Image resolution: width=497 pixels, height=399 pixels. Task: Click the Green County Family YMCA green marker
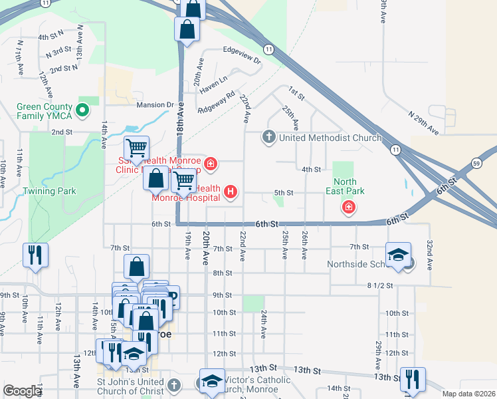point(83,110)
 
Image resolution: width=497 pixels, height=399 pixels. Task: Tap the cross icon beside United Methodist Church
point(269,138)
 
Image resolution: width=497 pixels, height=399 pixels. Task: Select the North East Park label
point(349,186)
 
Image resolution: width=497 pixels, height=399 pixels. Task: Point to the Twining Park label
point(49,192)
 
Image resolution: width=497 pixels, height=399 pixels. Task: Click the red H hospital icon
point(231,193)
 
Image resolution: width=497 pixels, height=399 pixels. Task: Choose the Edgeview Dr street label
point(243,51)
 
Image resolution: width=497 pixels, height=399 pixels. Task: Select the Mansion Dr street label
point(155,105)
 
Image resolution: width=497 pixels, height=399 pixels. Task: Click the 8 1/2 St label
point(380,285)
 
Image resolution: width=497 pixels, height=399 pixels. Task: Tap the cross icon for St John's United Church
point(173,385)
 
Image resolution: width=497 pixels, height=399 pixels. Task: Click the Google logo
point(22,391)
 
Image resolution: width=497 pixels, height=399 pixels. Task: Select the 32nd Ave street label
point(430,254)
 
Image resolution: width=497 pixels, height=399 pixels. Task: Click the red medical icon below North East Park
point(348,209)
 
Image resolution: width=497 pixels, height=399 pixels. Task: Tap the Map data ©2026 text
point(468,394)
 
